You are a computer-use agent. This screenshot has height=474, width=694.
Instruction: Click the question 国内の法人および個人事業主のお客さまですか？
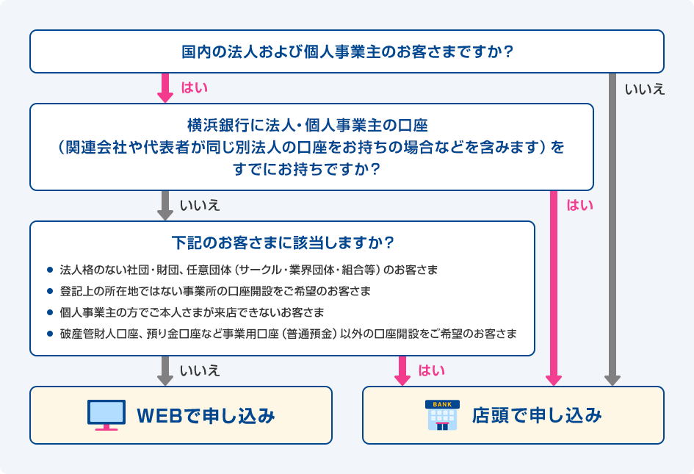[347, 52]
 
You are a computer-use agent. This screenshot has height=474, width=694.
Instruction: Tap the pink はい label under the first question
[194, 88]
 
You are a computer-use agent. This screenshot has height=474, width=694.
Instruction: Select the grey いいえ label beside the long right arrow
[644, 90]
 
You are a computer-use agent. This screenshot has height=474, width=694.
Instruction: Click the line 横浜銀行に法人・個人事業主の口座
[312, 124]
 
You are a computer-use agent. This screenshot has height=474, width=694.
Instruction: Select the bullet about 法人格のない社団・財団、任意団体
[249, 270]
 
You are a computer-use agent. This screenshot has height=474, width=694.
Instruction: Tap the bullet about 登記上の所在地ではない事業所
[215, 290]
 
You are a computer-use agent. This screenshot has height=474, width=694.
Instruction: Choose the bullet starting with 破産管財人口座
[288, 333]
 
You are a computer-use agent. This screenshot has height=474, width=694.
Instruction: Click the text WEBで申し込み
[206, 416]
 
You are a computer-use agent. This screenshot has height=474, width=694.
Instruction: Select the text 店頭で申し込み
[537, 415]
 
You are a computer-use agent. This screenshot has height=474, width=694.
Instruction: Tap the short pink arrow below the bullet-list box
[402, 371]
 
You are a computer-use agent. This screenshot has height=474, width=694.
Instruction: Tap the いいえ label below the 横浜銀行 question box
[199, 206]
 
